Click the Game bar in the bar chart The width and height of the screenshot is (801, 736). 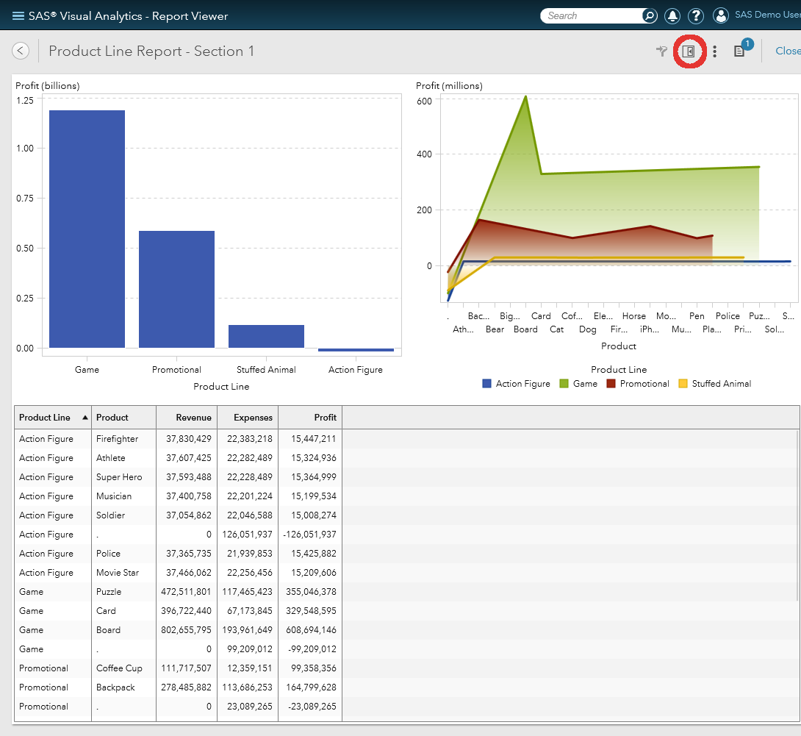point(87,229)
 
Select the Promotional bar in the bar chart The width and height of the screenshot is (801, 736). point(176,289)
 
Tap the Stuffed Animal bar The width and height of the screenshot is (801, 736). point(266,336)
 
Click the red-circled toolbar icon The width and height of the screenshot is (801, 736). point(689,51)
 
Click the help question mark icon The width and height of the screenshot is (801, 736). point(695,15)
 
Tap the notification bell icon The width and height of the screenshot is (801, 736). point(672,15)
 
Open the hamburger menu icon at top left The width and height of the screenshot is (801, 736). point(18,15)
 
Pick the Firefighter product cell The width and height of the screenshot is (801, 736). point(117,439)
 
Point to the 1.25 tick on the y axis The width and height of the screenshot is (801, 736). point(25,100)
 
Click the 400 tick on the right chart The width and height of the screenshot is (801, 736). point(425,154)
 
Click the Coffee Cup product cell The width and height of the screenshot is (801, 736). point(119,668)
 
